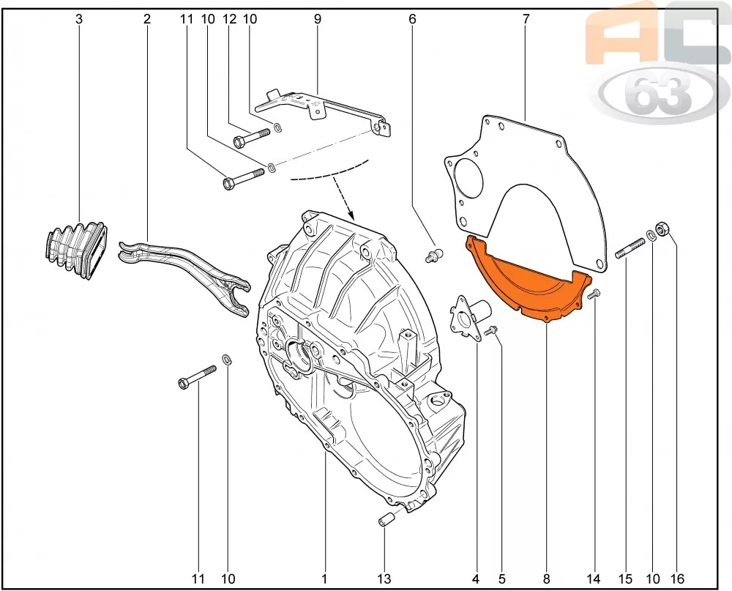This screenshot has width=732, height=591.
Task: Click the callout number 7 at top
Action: tap(526, 19)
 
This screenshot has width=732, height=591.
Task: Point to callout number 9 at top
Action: tap(318, 19)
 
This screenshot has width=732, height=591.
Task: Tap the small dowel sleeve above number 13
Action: tap(388, 518)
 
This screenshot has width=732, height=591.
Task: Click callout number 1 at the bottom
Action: tap(324, 579)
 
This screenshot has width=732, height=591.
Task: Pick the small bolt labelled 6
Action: tap(434, 256)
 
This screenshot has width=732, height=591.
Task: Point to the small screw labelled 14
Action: tap(594, 294)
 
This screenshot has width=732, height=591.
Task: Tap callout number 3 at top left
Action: tap(79, 19)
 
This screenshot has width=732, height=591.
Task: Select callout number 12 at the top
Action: tap(229, 19)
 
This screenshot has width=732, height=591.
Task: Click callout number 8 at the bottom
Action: tap(547, 579)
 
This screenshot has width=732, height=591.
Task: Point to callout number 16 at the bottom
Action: tap(677, 579)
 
